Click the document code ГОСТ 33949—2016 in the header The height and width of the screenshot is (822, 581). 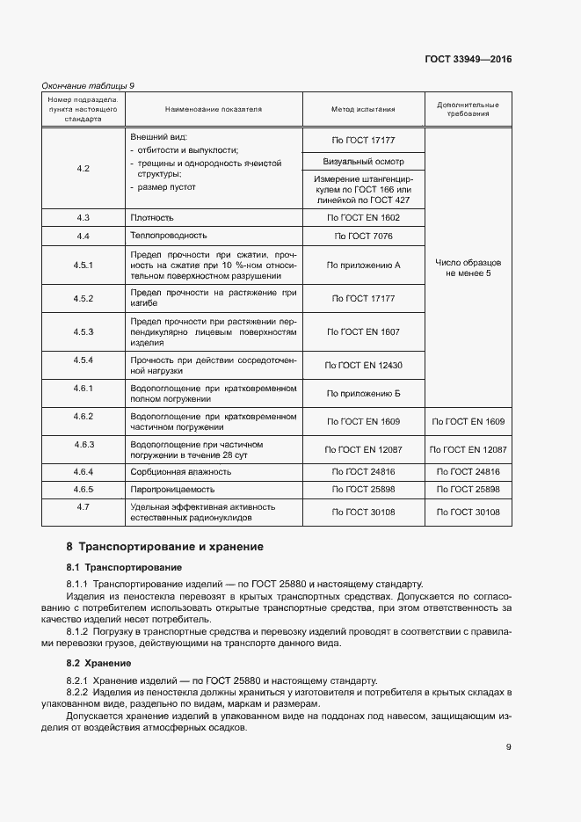468,60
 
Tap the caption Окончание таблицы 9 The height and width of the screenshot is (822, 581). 89,85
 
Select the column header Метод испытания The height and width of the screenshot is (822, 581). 363,110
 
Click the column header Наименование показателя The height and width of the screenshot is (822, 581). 214,110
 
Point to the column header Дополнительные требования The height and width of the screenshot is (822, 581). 468,110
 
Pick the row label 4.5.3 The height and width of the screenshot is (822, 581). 84,331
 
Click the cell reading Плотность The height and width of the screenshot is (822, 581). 152,217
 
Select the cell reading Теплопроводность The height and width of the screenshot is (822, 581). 169,236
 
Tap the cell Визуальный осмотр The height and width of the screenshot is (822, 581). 363,162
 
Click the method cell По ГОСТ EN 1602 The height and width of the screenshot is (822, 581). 363,217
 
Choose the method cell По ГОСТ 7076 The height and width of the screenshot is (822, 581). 363,236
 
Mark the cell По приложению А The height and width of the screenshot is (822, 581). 363,265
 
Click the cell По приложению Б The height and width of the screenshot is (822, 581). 363,393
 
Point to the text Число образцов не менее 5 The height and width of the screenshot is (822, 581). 468,268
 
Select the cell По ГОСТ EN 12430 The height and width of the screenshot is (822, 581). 363,365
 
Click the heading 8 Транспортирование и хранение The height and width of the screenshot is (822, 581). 164,547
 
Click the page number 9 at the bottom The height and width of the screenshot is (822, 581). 509,748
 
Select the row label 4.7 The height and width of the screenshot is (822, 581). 84,507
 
